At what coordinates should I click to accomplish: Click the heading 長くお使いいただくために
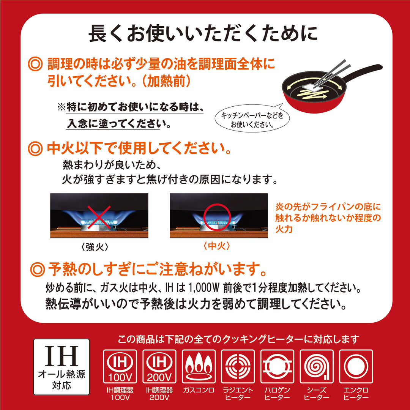[203, 34]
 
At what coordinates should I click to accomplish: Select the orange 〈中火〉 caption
[217, 246]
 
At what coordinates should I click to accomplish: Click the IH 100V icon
[120, 366]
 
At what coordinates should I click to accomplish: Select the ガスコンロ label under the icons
[199, 390]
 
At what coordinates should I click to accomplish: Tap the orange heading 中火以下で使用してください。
[139, 150]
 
